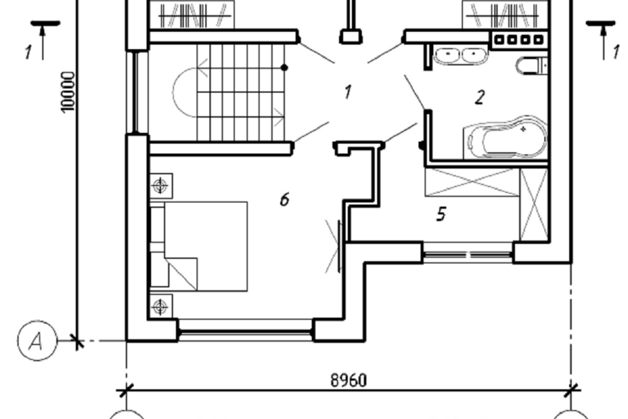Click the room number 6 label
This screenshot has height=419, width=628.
pyautogui.click(x=285, y=199)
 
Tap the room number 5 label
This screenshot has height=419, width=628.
pyautogui.click(x=441, y=213)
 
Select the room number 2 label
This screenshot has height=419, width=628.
pyautogui.click(x=480, y=98)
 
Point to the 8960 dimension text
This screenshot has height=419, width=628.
pyautogui.click(x=349, y=380)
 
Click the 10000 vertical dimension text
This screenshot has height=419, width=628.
pyautogui.click(x=68, y=92)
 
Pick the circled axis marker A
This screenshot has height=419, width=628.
pyautogui.click(x=37, y=341)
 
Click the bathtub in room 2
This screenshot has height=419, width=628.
pyautogui.click(x=504, y=137)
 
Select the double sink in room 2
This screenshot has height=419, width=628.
pyautogui.click(x=461, y=56)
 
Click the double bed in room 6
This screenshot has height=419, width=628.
pyautogui.click(x=199, y=246)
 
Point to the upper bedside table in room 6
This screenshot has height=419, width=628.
pyautogui.click(x=161, y=186)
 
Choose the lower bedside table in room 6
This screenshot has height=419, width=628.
pyautogui.click(x=161, y=307)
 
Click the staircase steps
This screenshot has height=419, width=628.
pyautogui.click(x=240, y=92)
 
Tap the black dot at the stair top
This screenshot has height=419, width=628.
pyautogui.click(x=285, y=67)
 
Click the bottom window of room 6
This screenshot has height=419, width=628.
pyautogui.click(x=245, y=331)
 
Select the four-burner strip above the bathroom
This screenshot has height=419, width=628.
pyautogui.click(x=519, y=40)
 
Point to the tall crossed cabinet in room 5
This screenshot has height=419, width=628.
pyautogui.click(x=534, y=204)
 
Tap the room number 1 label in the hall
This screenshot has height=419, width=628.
pyautogui.click(x=347, y=92)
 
